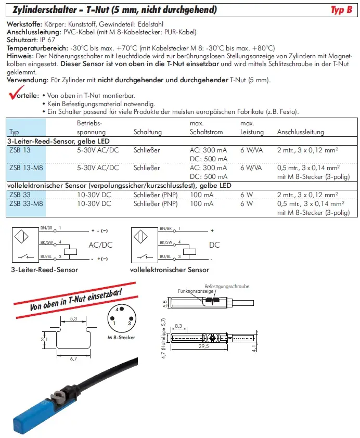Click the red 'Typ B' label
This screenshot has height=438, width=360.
pyautogui.click(x=341, y=10)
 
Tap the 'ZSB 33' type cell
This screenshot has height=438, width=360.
pyautogui.click(x=20, y=195)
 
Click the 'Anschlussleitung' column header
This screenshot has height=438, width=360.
pyautogui.click(x=300, y=132)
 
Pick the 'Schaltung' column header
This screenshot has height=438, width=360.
pyautogui.click(x=148, y=132)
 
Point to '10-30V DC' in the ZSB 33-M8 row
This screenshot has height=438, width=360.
pyautogui.click(x=94, y=203)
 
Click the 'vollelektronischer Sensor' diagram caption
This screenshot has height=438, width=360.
pyautogui.click(x=170, y=270)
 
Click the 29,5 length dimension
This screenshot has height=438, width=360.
pyautogui.click(x=203, y=346)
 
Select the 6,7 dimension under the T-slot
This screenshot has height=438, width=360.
pyautogui.click(x=73, y=358)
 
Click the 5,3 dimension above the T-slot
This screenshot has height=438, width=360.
pyautogui.click(x=73, y=318)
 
